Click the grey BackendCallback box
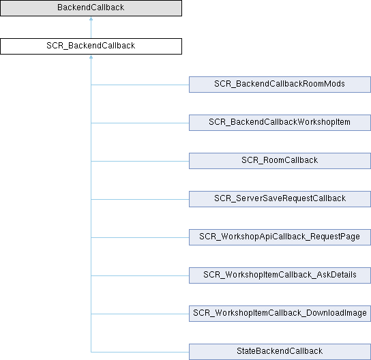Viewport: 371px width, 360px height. pos(91,8)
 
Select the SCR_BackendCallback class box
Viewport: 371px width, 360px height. pos(91,46)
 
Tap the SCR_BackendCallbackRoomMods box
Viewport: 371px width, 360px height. pos(280,85)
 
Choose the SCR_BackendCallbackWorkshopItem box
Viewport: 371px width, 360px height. pos(280,123)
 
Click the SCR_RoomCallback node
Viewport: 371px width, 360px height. pos(280,161)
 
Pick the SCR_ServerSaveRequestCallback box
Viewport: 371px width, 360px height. pos(280,199)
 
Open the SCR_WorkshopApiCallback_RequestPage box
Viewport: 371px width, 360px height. pos(280,237)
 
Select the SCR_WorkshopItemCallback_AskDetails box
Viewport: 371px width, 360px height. pos(280,275)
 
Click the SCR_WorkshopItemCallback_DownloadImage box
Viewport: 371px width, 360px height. pos(280,314)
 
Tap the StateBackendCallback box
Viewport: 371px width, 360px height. pos(280,352)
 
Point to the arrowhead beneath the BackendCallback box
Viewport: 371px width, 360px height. pos(91,18)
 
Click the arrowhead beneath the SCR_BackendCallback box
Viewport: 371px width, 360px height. pos(91,57)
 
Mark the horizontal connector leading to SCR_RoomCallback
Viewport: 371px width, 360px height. pos(140,161)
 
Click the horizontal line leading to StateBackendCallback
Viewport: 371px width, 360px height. pos(140,352)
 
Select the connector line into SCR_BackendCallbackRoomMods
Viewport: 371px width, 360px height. pos(140,85)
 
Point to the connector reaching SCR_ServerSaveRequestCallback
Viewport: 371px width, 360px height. pos(140,199)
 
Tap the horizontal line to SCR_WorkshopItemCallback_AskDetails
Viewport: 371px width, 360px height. pos(140,275)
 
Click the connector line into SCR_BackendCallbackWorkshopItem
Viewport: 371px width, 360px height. pos(140,123)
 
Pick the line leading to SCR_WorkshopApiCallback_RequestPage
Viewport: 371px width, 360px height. pos(140,237)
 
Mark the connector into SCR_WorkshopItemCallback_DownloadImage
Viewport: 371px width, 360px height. pos(140,314)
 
